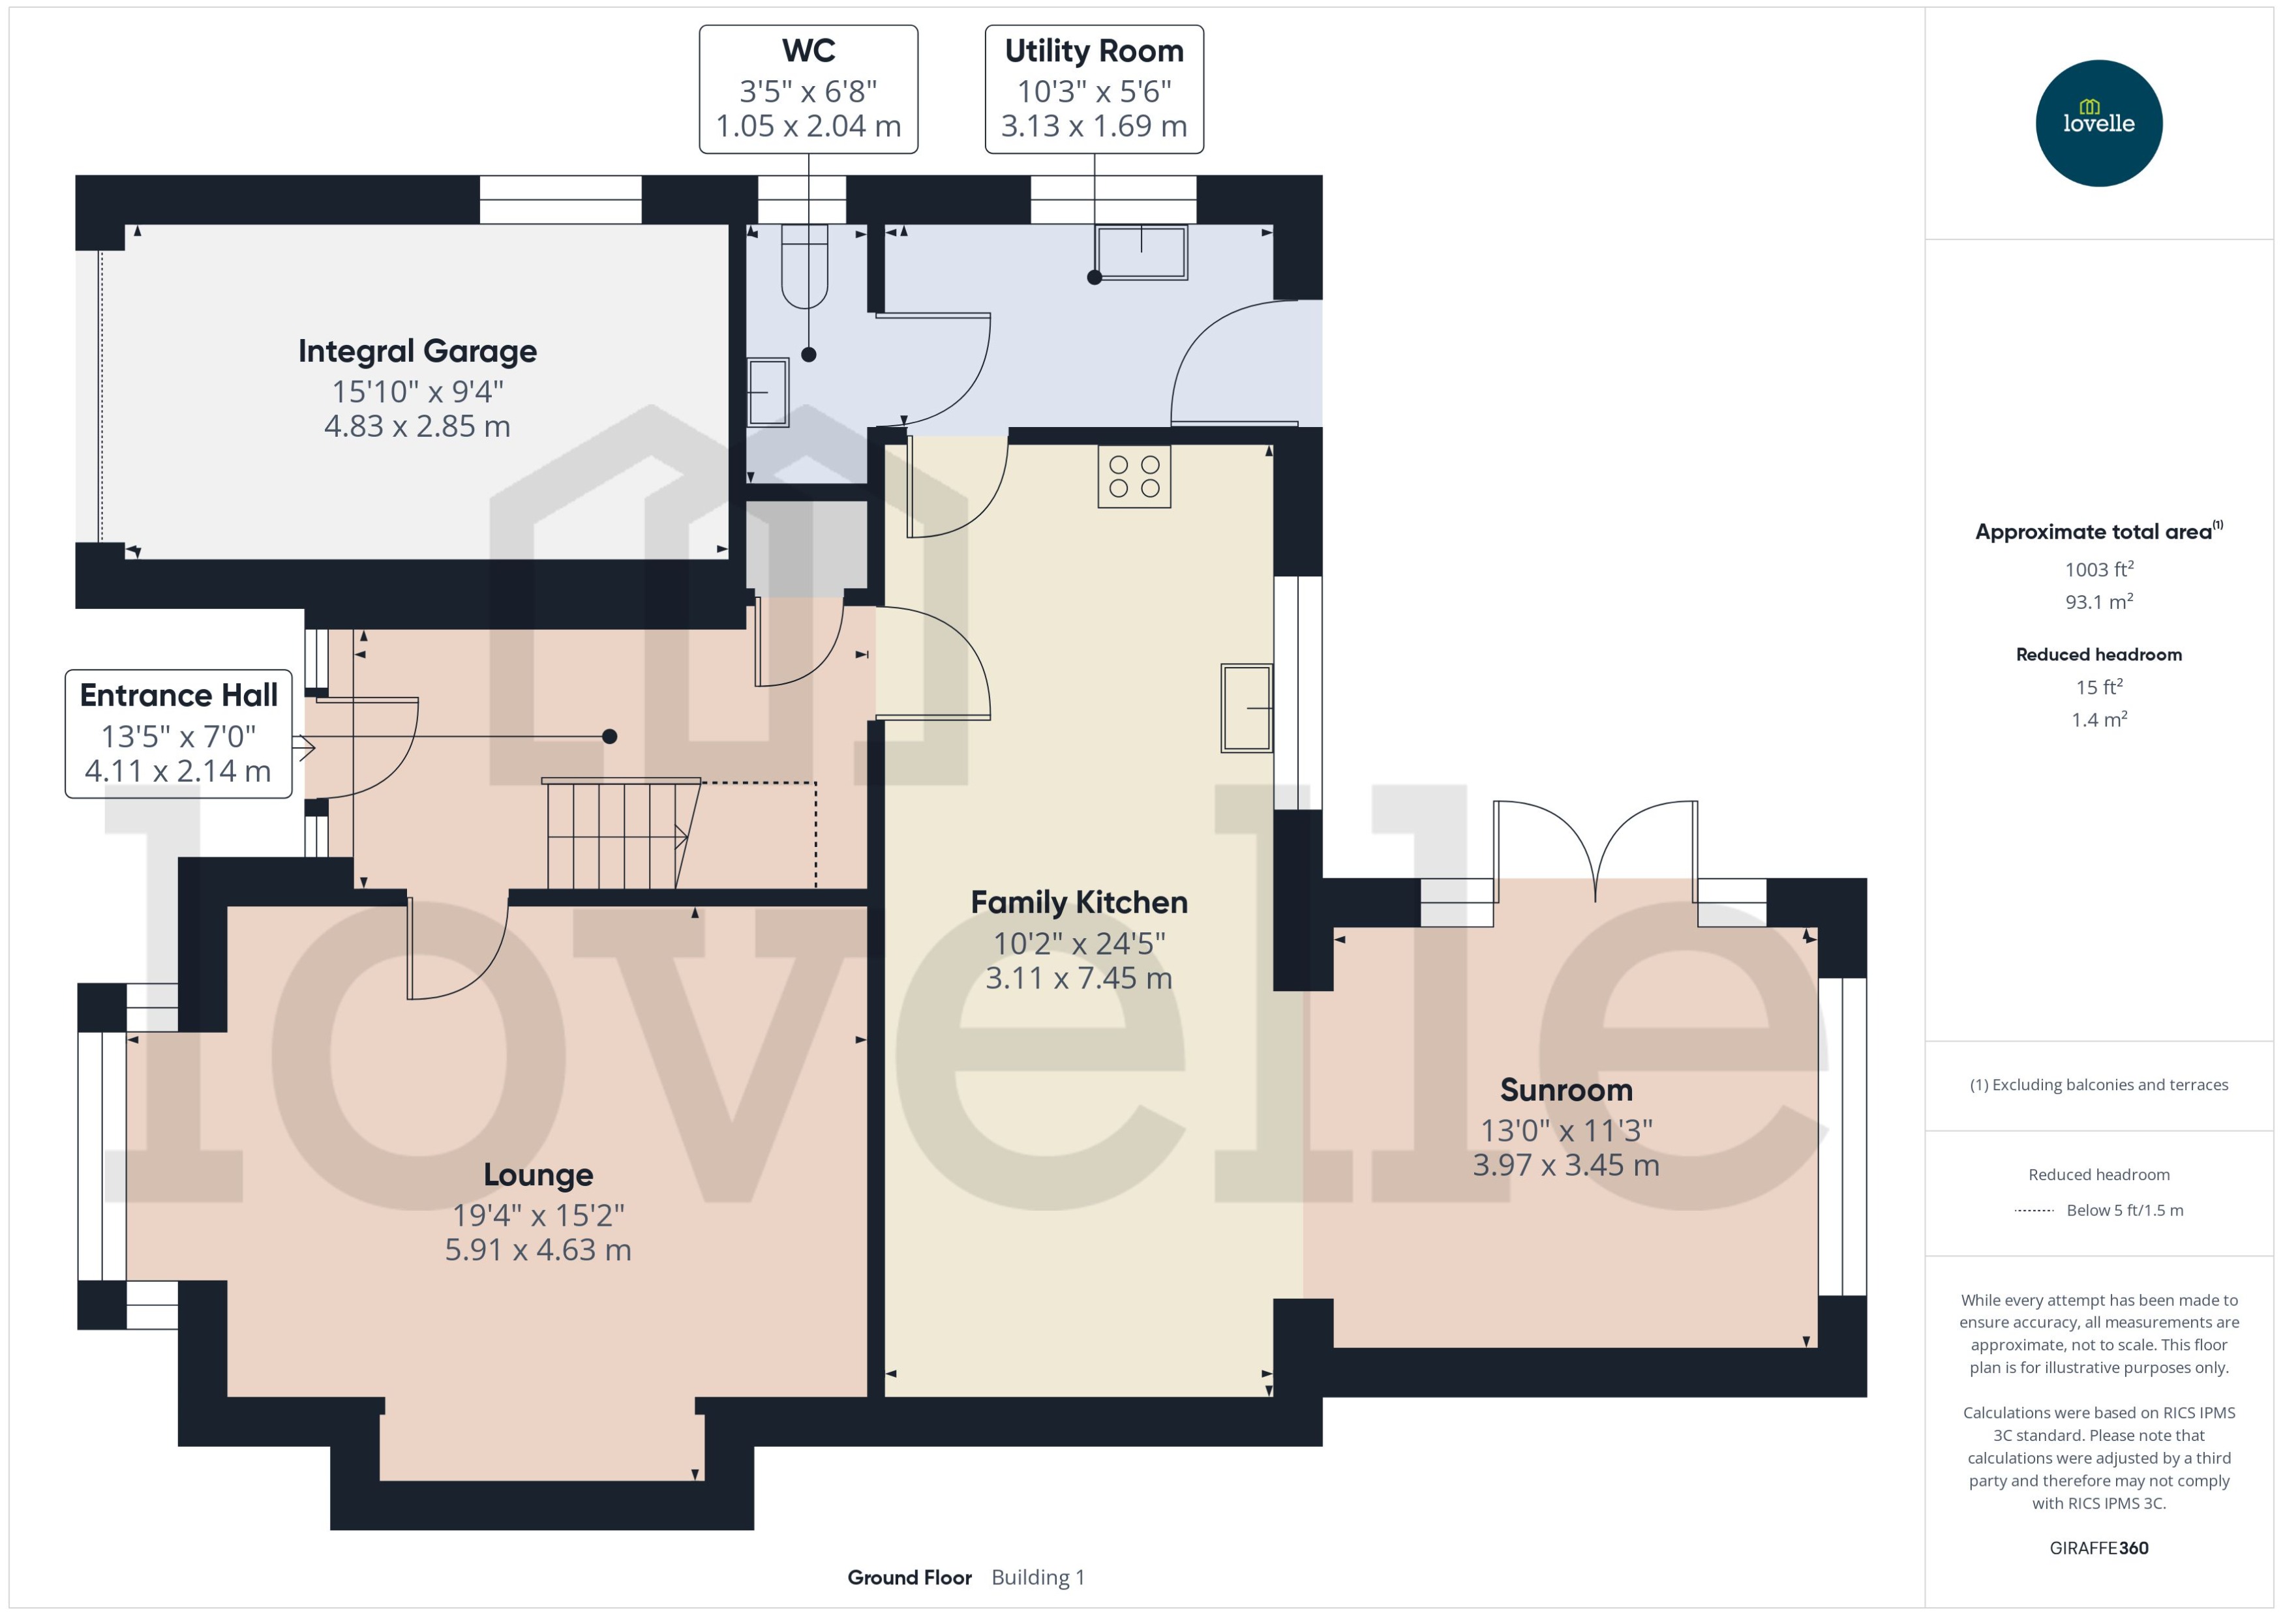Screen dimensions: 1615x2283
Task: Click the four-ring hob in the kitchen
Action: (1134, 477)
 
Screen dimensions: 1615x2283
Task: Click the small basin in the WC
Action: (767, 393)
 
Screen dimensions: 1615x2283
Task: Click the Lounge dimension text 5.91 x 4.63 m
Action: (537, 1250)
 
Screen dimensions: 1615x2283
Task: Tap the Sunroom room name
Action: (1565, 1090)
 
